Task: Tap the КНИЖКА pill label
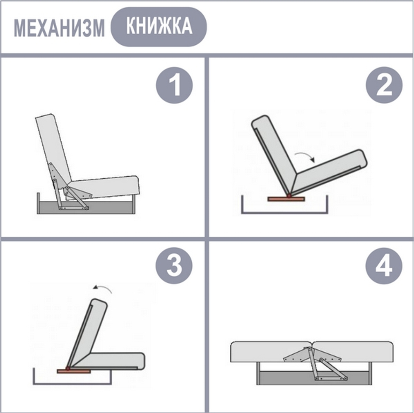[x=159, y=26]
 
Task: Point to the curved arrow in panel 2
[x=305, y=156]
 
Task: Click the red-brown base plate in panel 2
[x=286, y=199]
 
